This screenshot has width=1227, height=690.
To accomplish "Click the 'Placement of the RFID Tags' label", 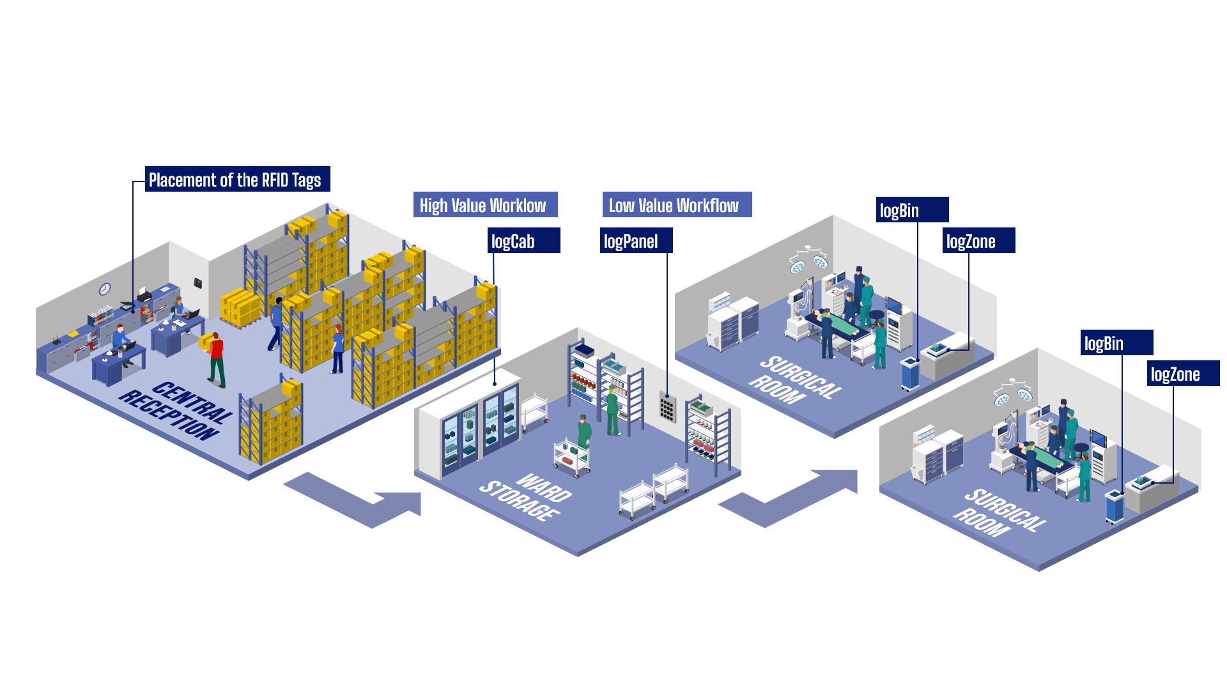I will pos(237,180).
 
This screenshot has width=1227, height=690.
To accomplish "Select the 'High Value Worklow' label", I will pos(485,205).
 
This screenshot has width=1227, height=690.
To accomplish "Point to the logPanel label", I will pos(636,241).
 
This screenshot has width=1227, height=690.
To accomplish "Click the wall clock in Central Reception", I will pos(105,289).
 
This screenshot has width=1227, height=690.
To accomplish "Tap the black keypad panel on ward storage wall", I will pos(667,407).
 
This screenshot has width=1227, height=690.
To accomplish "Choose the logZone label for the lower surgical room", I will pos(1183,374).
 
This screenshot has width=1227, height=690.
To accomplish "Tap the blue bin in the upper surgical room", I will pos(910,373).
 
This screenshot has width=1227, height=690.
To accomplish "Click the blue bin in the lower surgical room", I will pos(1115,506).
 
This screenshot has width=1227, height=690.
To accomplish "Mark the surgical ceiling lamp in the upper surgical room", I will pos(808,259).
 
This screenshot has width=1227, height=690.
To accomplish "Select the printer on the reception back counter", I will pos(144,295).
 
